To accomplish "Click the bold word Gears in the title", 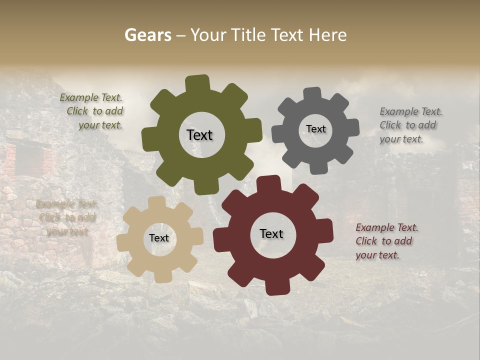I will (147, 35).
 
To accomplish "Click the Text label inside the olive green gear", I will (199, 135).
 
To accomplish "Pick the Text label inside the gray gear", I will (315, 129).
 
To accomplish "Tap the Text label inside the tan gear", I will (159, 238).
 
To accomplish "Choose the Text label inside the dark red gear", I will (271, 233).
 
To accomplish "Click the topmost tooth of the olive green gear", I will (197, 83).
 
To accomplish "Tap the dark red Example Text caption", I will (386, 241).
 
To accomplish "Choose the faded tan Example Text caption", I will (66, 217).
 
